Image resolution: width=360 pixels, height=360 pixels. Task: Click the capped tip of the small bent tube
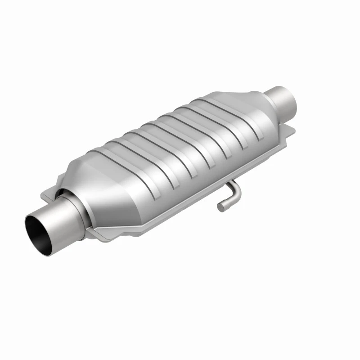pyautogui.click(x=220, y=207)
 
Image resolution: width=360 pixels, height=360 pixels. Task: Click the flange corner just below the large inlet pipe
pyautogui.click(x=100, y=235)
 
